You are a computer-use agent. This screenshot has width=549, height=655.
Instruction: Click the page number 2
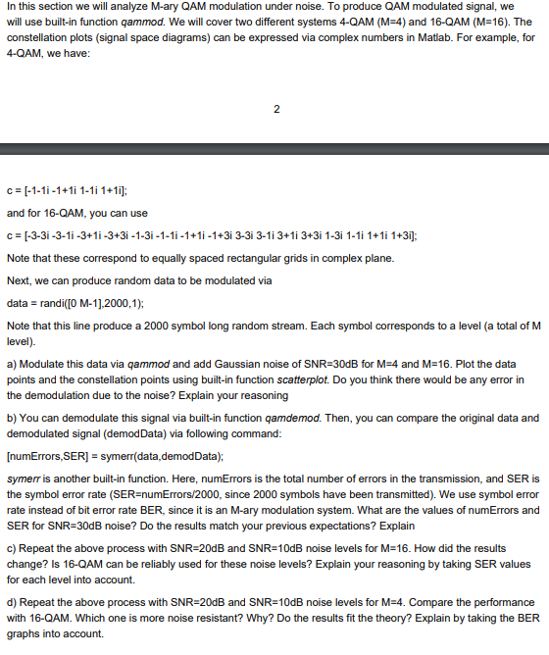(x=275, y=108)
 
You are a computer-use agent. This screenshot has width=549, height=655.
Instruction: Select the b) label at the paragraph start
(x=12, y=418)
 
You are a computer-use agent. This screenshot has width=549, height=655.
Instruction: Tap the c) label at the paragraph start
(x=12, y=547)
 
